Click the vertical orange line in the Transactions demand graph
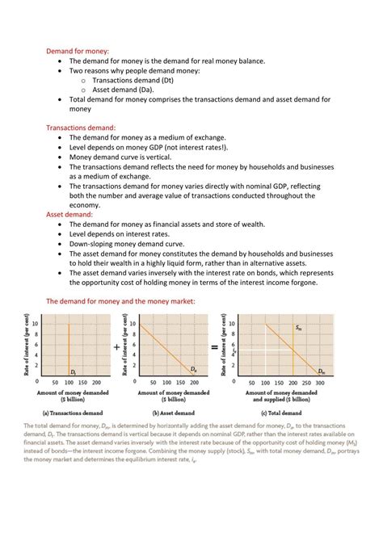[68, 347]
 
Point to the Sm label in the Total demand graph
[298, 328]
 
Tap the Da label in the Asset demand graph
[193, 369]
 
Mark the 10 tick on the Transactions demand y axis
[36, 323]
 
